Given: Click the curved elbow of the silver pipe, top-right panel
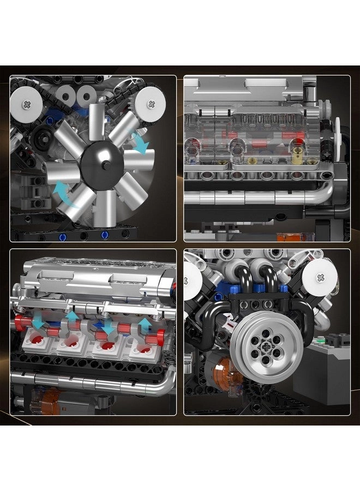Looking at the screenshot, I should click(326, 192).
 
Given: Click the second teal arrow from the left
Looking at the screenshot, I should click(73, 316).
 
